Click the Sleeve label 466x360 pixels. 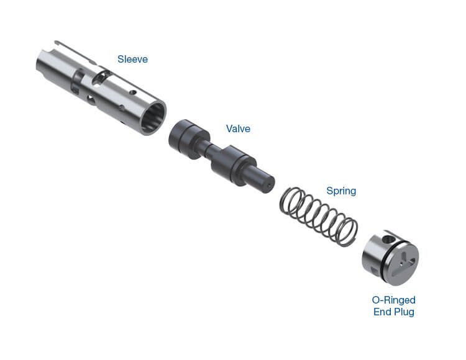tap(132, 59)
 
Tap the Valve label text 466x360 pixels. tap(238, 128)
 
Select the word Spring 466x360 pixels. tap(341, 191)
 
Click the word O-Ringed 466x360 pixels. tap(393, 300)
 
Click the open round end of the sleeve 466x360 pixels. tap(153, 118)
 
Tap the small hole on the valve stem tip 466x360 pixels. tap(269, 186)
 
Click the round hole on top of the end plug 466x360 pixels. tap(387, 239)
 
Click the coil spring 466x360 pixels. tap(319, 217)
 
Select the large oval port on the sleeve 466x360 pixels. tap(99, 78)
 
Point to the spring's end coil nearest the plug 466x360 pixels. tap(347, 232)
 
